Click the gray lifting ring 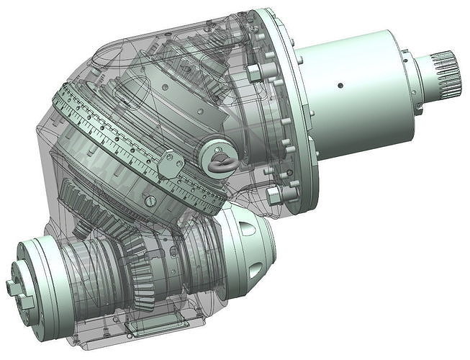tap(220, 163)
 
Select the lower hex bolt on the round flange tap(274, 195)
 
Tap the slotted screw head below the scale tap(150, 201)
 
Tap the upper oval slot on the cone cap tap(248, 228)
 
